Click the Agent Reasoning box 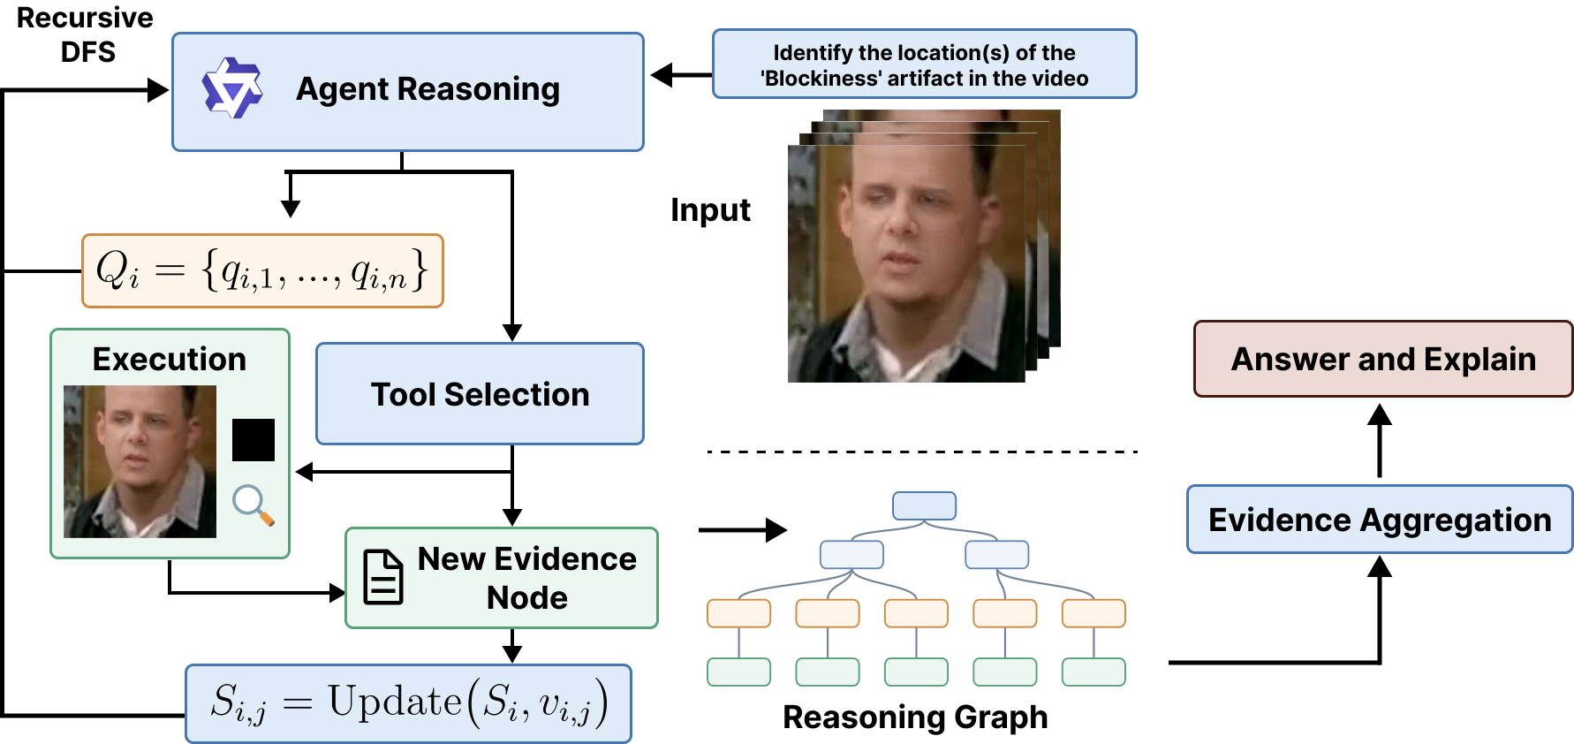point(407,92)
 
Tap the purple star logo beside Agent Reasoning point(232,88)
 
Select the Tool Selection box point(480,394)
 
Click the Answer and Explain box point(1383,359)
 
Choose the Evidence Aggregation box point(1380,520)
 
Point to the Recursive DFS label point(86,34)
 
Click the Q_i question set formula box point(262,270)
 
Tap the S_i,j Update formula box point(408,703)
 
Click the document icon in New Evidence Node point(383,577)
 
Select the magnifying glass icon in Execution point(253,505)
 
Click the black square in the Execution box point(254,440)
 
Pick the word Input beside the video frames point(710,210)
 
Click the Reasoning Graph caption point(915,717)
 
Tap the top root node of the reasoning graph point(924,505)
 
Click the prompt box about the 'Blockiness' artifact point(924,65)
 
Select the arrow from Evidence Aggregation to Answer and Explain point(1380,441)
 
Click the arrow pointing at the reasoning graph point(742,530)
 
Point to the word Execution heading point(170,360)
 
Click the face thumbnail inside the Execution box point(140,461)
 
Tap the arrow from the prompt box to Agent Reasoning point(681,75)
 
